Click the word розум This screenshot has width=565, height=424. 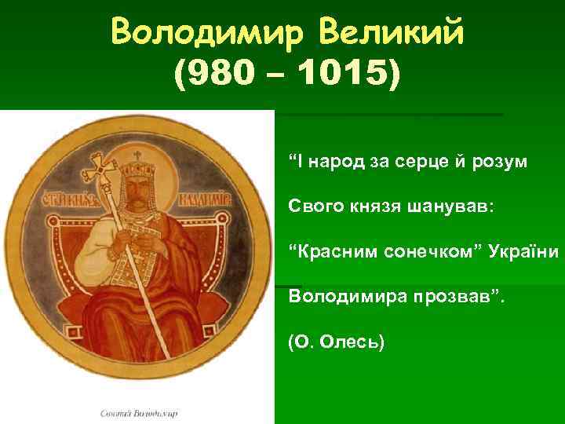(504, 163)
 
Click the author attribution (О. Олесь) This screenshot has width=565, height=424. (336, 342)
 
